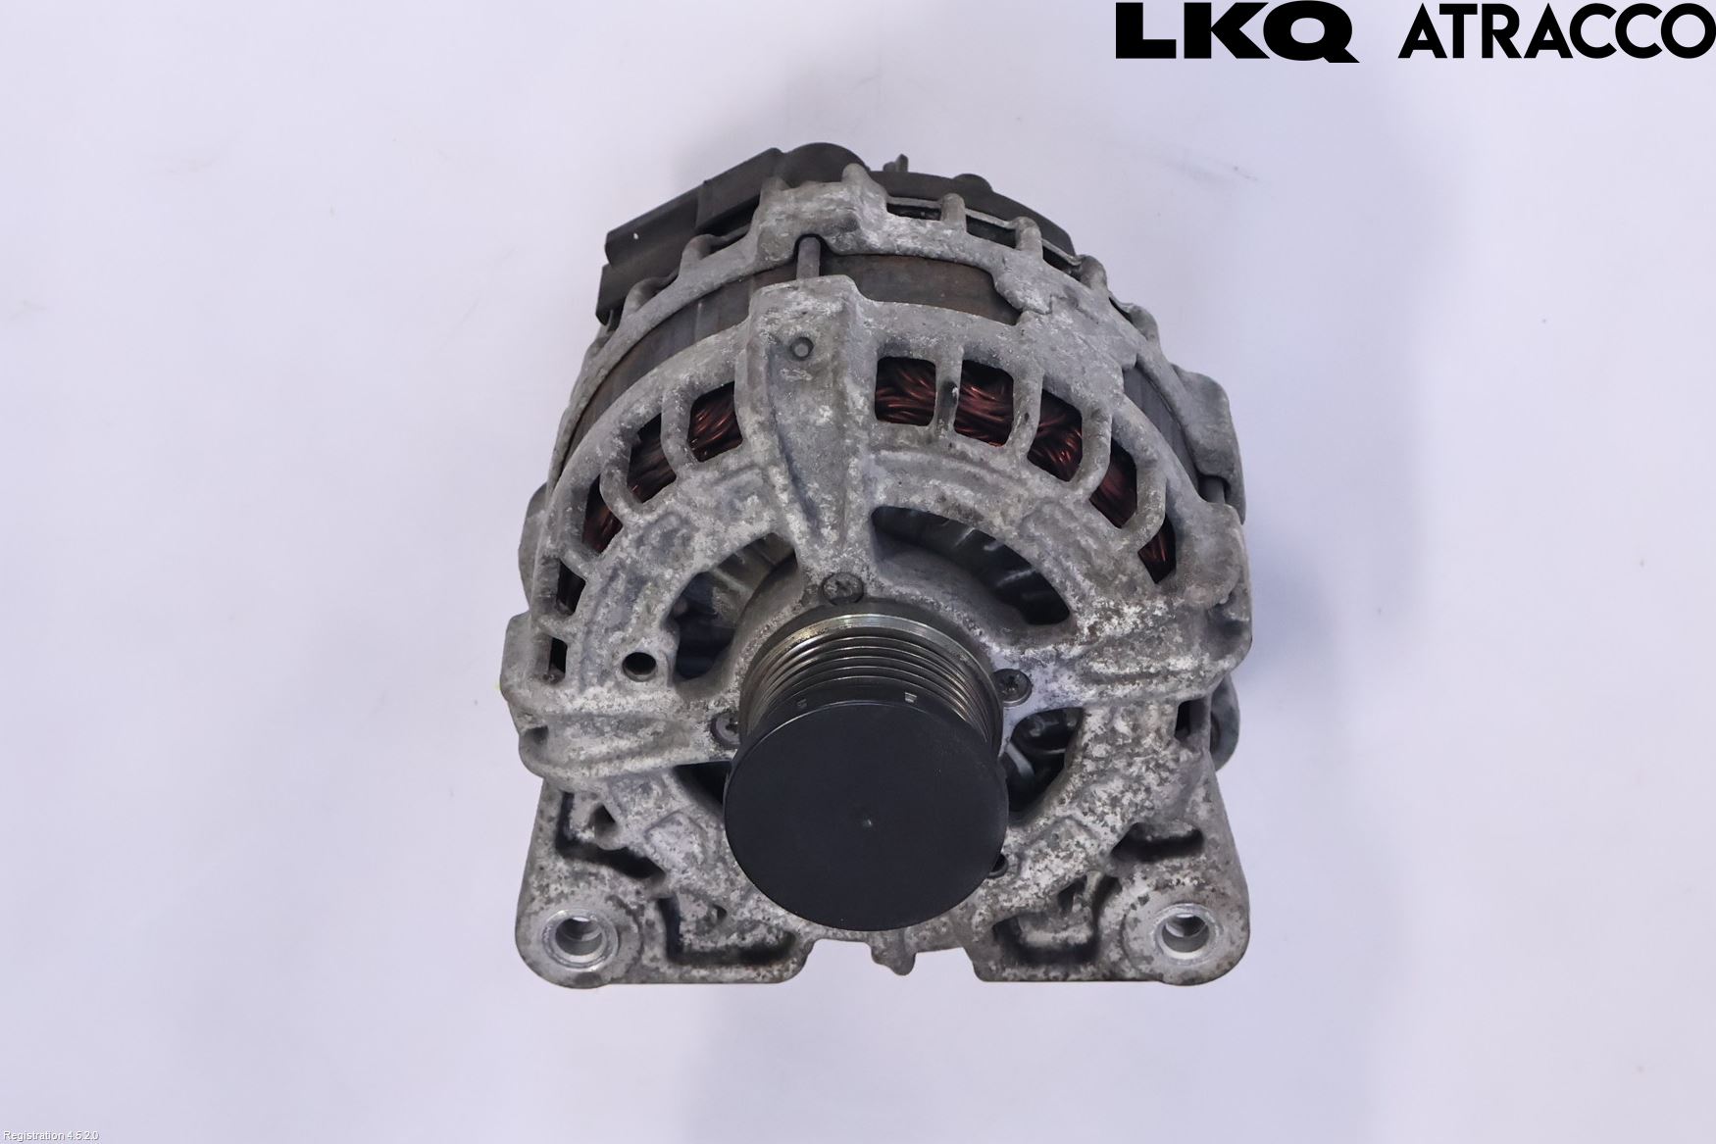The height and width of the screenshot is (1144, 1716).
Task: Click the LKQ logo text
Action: [x=1237, y=32]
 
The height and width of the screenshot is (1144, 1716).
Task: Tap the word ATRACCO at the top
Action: [x=1557, y=32]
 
